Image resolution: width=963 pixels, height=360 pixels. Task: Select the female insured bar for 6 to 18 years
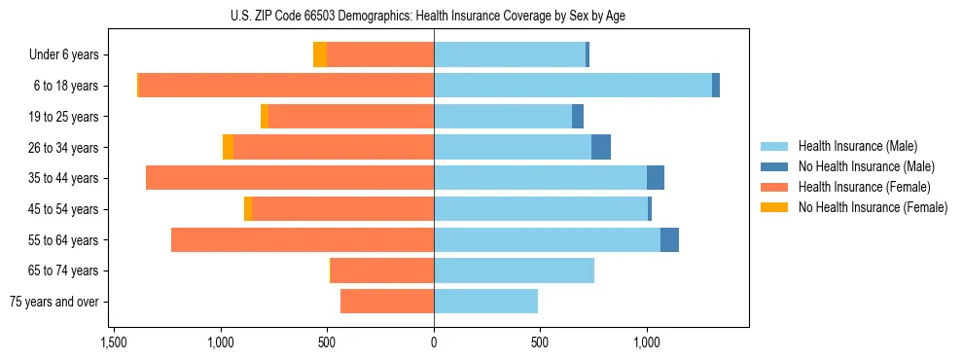[x=286, y=86]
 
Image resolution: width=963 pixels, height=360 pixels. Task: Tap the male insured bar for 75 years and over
[x=485, y=302]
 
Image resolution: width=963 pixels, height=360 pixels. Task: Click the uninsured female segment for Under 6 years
[x=319, y=54]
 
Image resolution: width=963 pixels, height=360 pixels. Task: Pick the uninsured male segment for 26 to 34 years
[x=601, y=147]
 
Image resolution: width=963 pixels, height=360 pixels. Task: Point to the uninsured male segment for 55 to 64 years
[x=669, y=239]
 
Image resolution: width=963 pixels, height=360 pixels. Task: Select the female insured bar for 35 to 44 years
[x=290, y=178]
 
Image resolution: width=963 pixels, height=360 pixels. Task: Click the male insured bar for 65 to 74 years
[x=514, y=270]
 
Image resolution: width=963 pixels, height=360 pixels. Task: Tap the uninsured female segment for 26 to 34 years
[x=228, y=147]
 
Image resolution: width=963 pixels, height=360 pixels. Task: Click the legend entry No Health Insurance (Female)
[x=873, y=207]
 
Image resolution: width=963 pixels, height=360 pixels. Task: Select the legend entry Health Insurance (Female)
[x=864, y=187]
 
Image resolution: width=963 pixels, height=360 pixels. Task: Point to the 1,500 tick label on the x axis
[x=114, y=342]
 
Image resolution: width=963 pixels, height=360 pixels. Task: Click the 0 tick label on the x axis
[x=434, y=342]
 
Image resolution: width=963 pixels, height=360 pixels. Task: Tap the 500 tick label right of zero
[x=540, y=342]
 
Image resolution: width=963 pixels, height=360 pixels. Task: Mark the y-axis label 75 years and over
[x=54, y=302]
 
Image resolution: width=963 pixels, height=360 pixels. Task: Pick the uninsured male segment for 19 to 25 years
[x=578, y=117]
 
